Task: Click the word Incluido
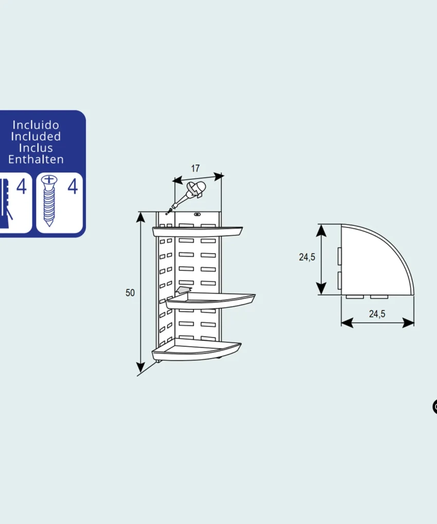click(x=36, y=125)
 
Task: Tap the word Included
click(x=36, y=137)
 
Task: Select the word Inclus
click(x=36, y=148)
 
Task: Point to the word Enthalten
click(x=36, y=160)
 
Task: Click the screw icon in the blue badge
click(x=49, y=201)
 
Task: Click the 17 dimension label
click(x=195, y=168)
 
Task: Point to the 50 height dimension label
click(x=130, y=293)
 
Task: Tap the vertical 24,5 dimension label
click(x=307, y=257)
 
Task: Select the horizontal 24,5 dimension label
click(x=377, y=314)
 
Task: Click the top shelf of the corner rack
click(x=197, y=231)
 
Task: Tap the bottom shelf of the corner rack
click(x=196, y=349)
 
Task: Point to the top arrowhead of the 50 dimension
click(x=141, y=217)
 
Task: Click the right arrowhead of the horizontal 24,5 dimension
click(x=408, y=323)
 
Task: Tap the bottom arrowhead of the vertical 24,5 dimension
click(x=321, y=288)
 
